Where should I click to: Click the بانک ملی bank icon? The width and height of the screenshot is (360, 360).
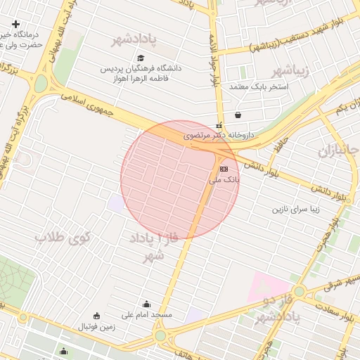click(x=224, y=169)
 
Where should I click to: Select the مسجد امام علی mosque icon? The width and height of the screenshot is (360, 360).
click(x=146, y=304)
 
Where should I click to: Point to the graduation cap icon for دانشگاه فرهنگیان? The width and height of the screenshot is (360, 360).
click(x=141, y=58)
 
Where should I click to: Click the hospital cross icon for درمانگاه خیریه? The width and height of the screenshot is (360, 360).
click(x=15, y=23)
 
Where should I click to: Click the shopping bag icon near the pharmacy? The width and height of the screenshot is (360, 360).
click(x=238, y=115)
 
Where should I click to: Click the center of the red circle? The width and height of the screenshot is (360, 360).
click(x=180, y=180)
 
